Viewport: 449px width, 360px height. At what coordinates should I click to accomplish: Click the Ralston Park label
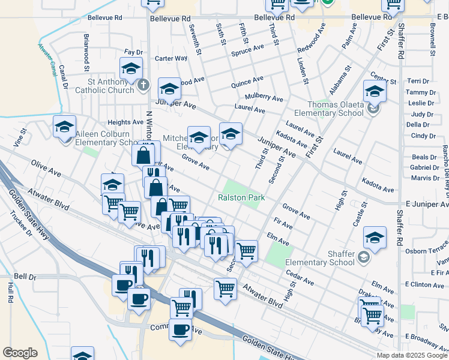pyautogui.click(x=241, y=197)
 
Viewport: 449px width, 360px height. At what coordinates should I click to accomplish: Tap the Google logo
pyautogui.click(x=20, y=352)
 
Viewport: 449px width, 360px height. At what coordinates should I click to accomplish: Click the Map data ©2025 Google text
pyautogui.click(x=412, y=355)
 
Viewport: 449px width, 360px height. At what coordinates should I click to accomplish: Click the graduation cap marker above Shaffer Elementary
pyautogui.click(x=375, y=237)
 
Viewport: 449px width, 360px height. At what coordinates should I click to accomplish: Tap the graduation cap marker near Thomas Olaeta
pyautogui.click(x=374, y=91)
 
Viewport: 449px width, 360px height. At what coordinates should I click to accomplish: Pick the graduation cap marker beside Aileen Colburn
pyautogui.click(x=64, y=127)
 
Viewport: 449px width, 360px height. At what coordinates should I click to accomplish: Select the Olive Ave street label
pyautogui.click(x=46, y=167)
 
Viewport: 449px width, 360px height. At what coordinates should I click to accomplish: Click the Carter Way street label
pyautogui.click(x=171, y=58)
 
